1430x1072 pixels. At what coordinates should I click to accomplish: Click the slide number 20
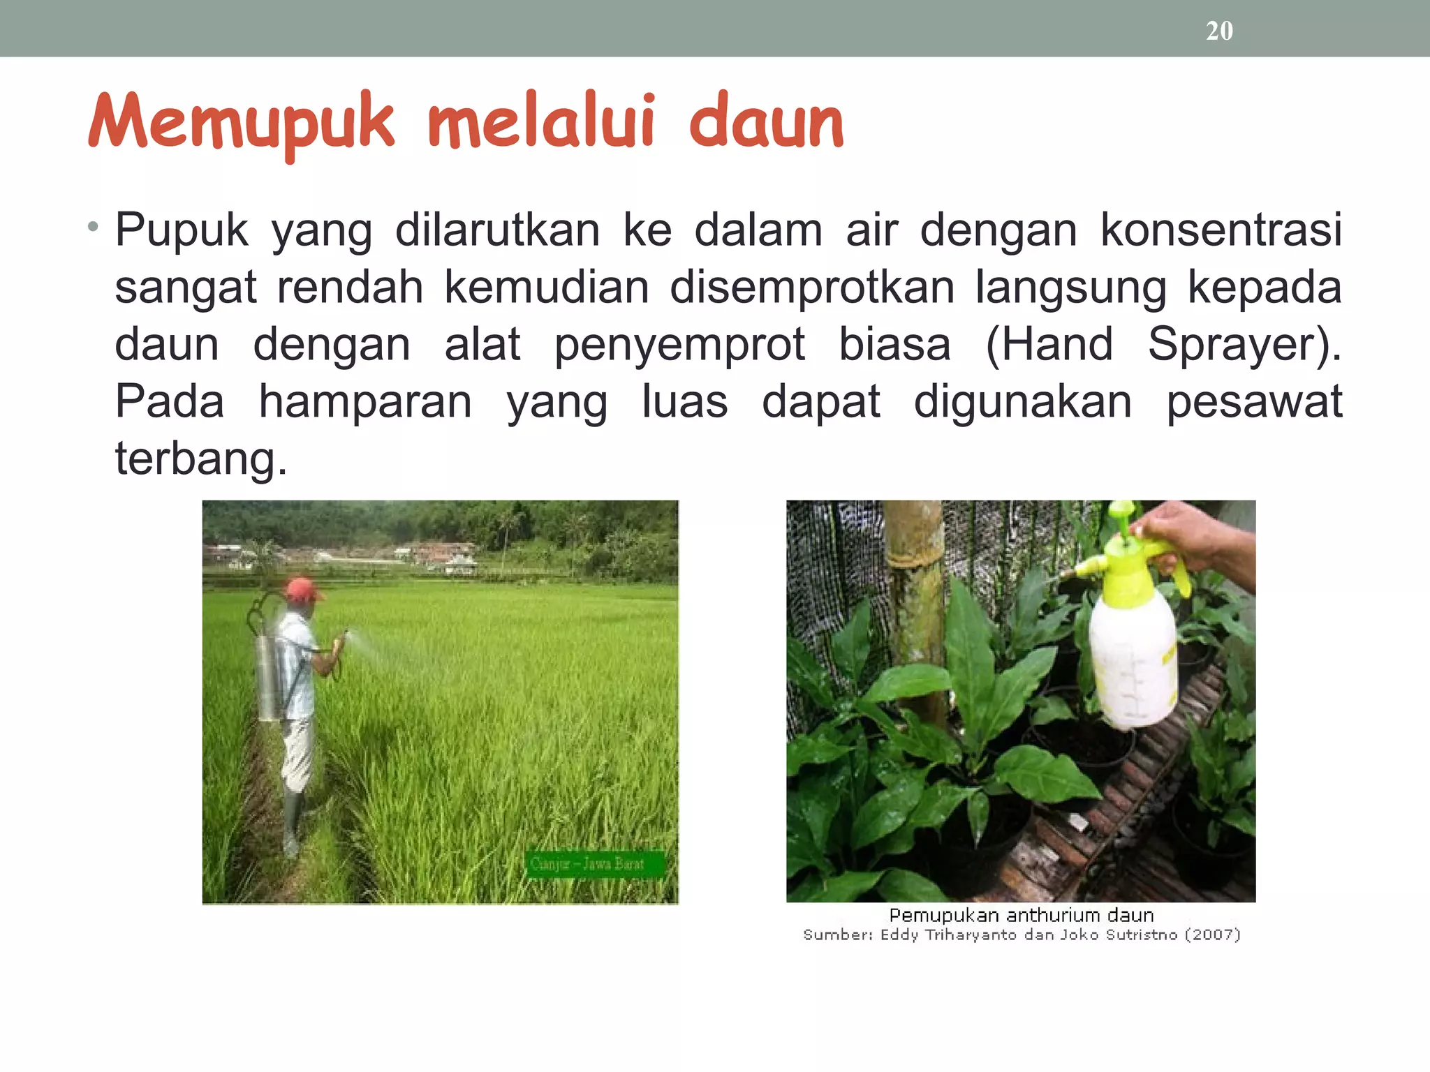pos(1219,31)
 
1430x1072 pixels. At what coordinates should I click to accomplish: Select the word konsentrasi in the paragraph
pos(1221,230)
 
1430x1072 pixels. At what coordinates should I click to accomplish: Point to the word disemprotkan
pos(811,287)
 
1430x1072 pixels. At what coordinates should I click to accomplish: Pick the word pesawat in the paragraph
pos(1254,401)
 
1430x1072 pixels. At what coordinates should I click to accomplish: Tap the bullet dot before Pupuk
pos(93,226)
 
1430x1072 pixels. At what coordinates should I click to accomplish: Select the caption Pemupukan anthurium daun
pos(1021,915)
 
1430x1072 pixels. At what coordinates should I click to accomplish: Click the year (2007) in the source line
pos(1212,935)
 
